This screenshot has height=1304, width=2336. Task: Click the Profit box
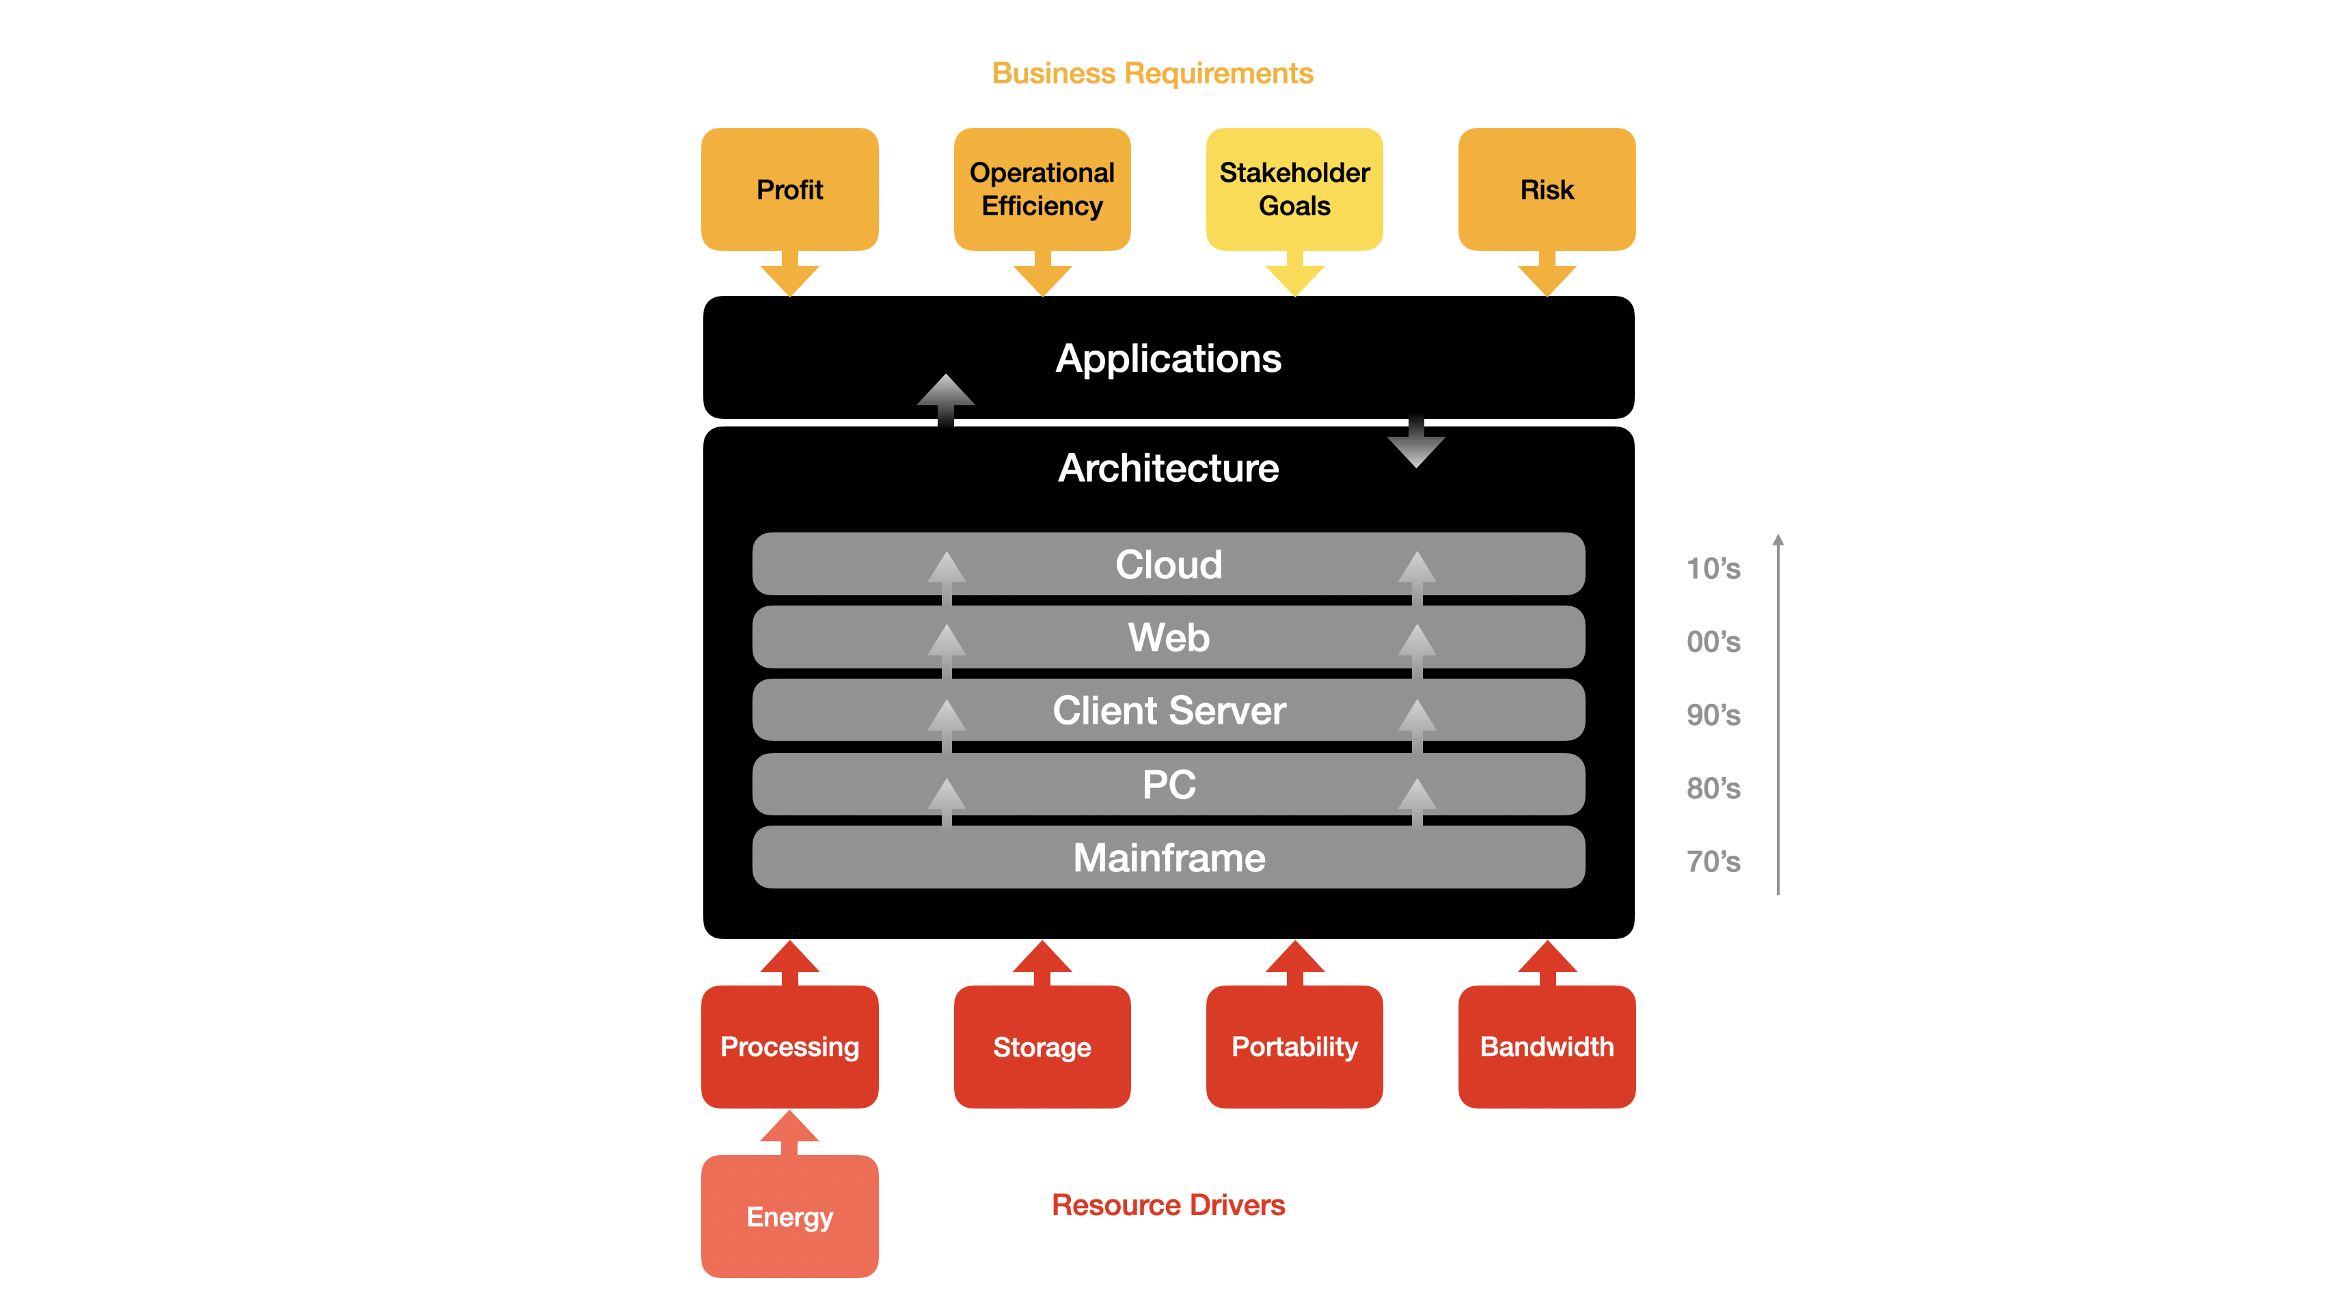[x=789, y=189]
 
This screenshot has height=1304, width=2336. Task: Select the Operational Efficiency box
[x=1042, y=189]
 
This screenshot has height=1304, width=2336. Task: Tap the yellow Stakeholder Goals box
[x=1294, y=189]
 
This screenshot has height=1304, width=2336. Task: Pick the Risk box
[x=1546, y=189]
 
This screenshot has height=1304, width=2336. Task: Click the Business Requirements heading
[x=1152, y=73]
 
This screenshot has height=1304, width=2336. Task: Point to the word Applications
[x=1168, y=359]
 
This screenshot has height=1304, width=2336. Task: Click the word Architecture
[x=1168, y=469]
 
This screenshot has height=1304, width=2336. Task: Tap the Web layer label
[x=1168, y=638]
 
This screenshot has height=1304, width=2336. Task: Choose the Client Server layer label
[x=1168, y=711]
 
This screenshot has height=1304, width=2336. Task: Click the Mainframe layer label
[x=1168, y=858]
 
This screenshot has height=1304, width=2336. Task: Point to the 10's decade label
[x=1713, y=569]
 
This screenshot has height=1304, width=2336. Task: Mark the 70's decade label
[x=1713, y=862]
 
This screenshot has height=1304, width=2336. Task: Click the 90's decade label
[x=1713, y=716]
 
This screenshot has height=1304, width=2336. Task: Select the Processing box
[x=789, y=1046]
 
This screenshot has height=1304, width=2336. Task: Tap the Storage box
[x=1042, y=1046]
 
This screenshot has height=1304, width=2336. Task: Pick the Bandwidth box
[x=1546, y=1046]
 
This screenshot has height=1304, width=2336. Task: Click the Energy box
[x=789, y=1216]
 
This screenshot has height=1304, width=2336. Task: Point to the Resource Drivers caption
[x=1168, y=1205]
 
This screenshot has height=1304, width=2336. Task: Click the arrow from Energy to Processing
[x=789, y=1132]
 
